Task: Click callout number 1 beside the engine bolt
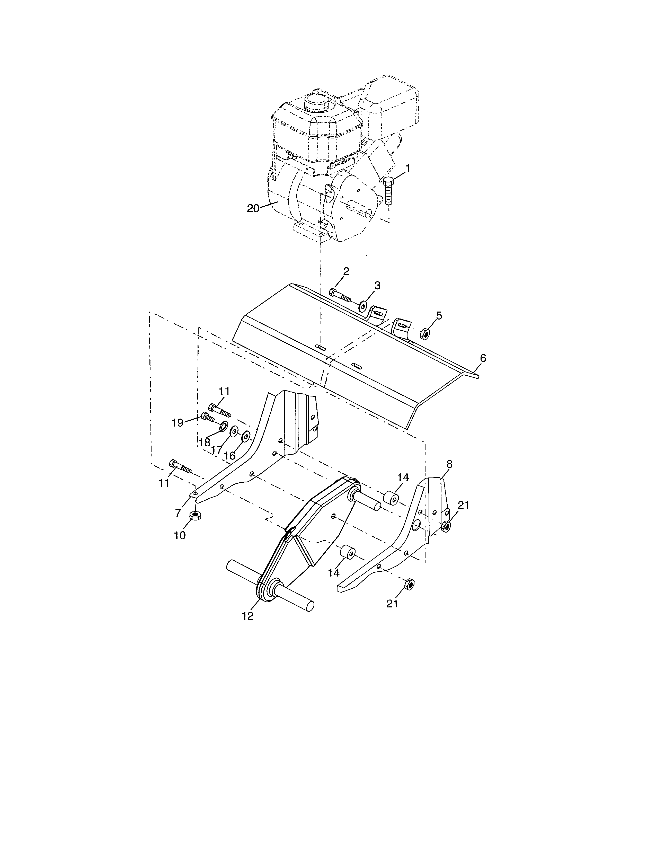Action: (408, 168)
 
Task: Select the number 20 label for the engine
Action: (253, 208)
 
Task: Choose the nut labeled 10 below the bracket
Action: (195, 516)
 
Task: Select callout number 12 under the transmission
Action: (247, 615)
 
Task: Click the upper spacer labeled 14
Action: (391, 499)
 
